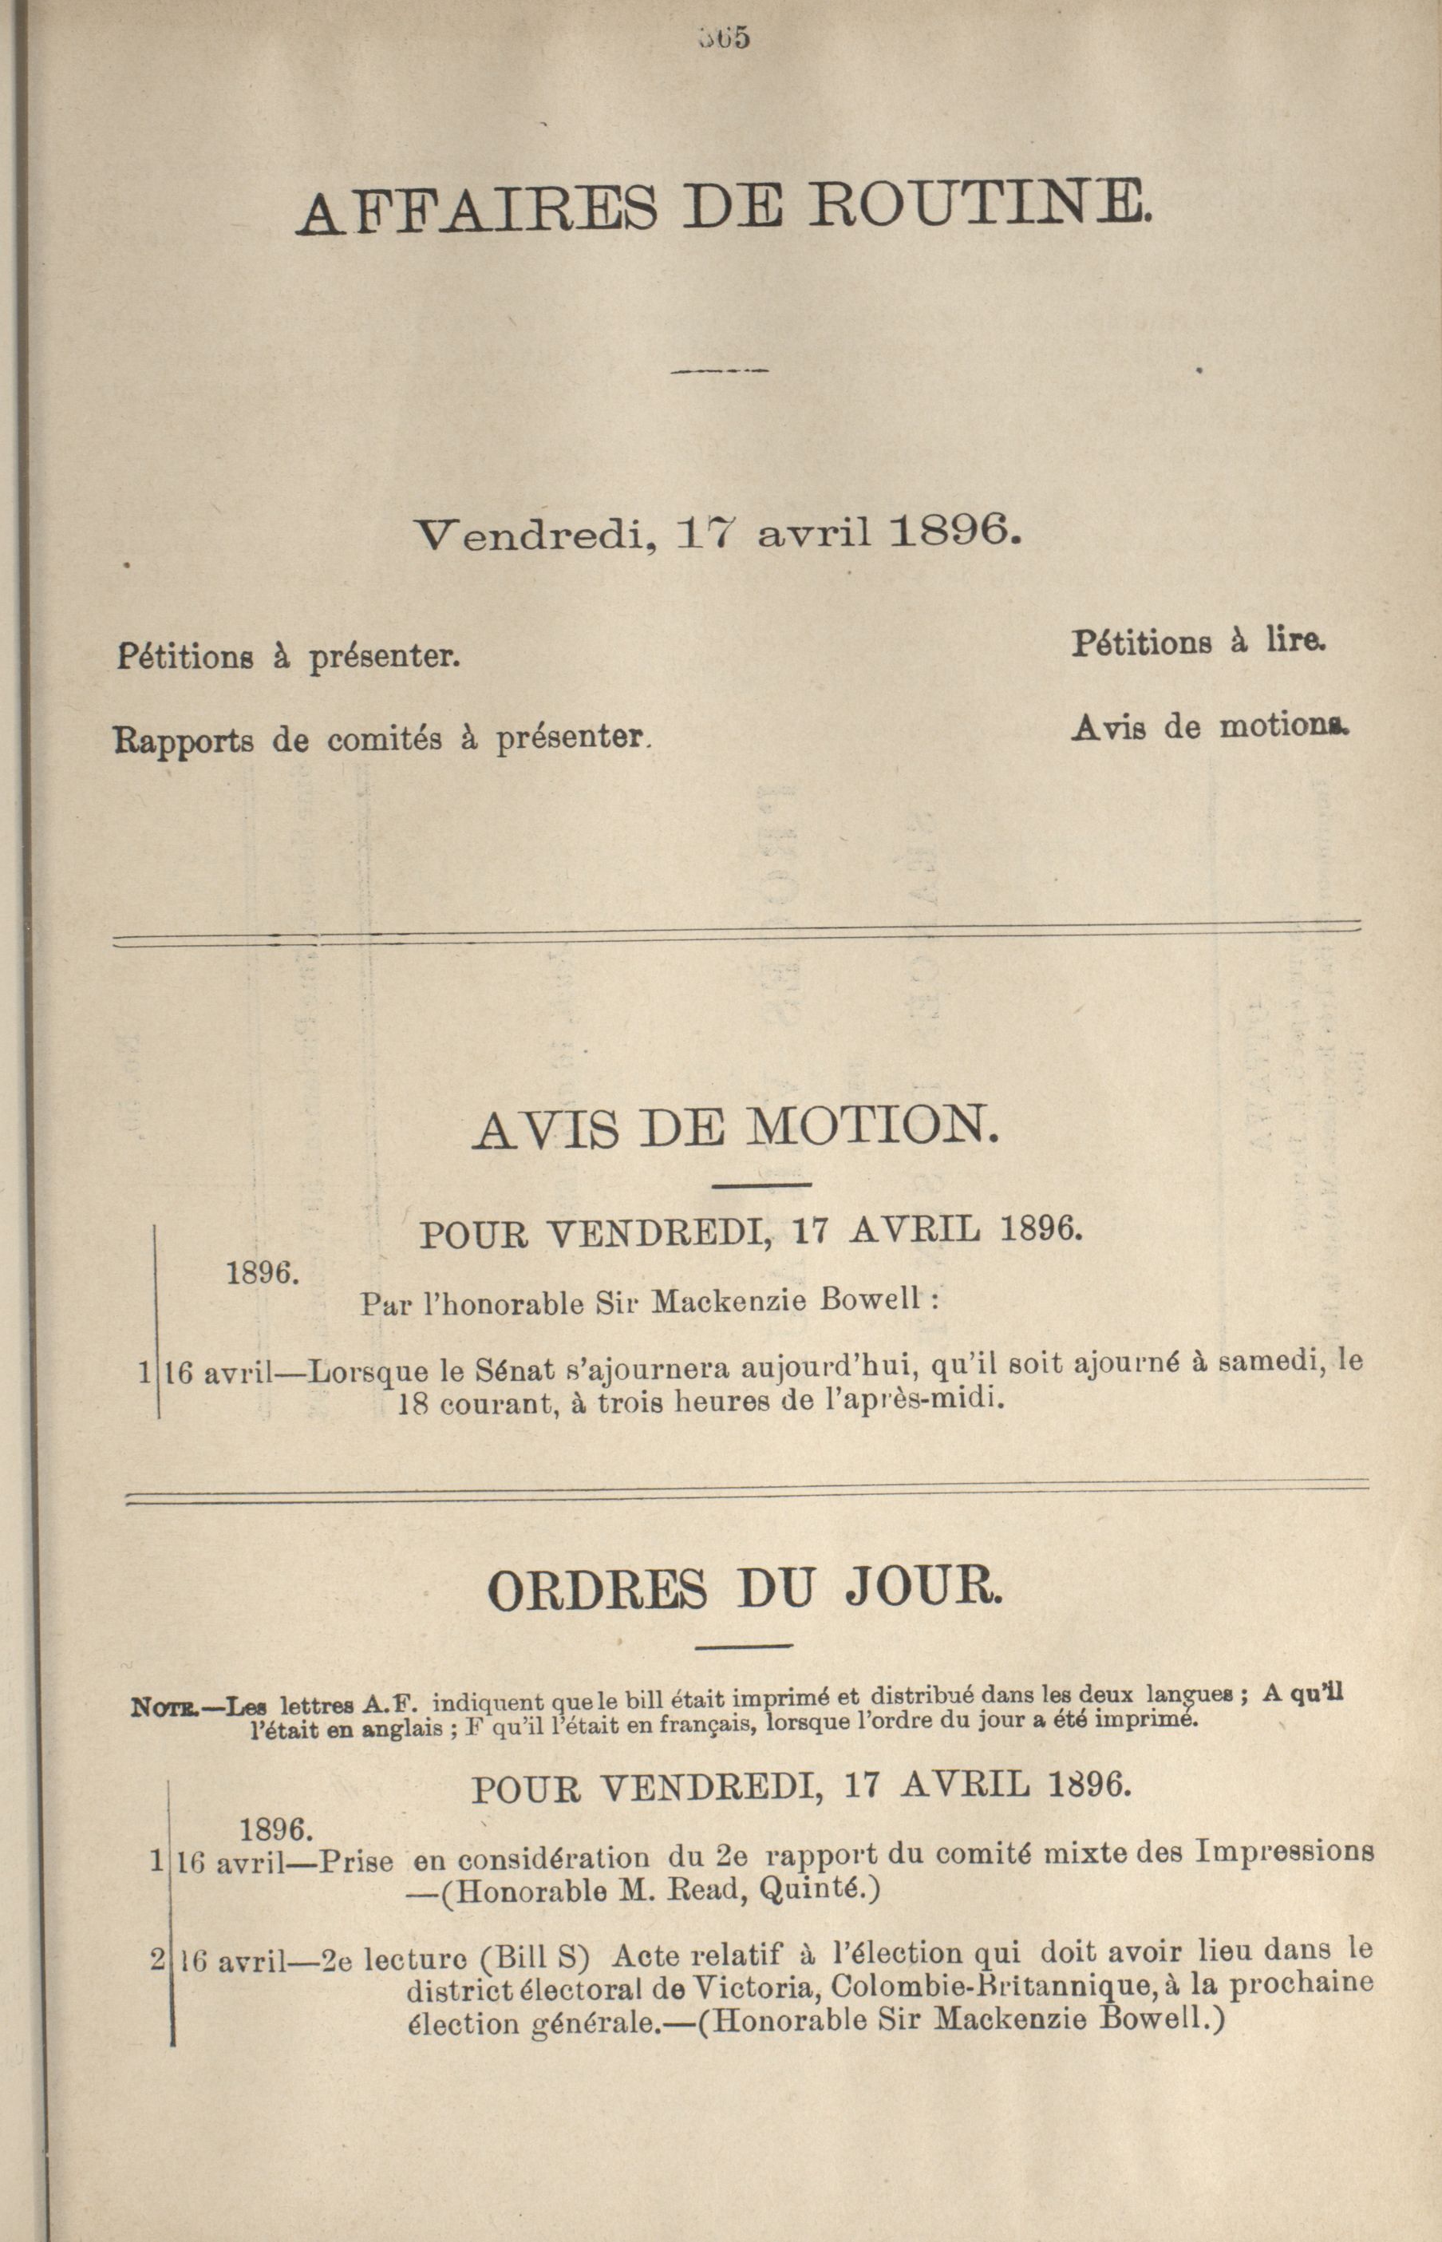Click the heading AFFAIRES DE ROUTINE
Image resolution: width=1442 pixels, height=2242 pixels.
pyautogui.click(x=722, y=207)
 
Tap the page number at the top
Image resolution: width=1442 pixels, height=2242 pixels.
pyautogui.click(x=723, y=38)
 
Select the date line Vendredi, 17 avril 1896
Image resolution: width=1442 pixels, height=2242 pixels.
pyautogui.click(x=717, y=534)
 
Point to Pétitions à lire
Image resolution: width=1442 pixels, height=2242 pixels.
pyautogui.click(x=1201, y=643)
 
